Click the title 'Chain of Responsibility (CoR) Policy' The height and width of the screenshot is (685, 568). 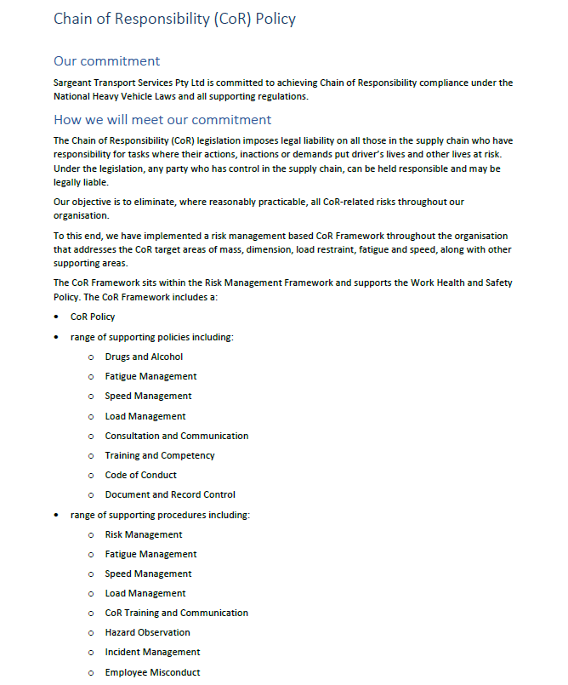coord(174,19)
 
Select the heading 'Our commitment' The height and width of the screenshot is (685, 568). coord(106,61)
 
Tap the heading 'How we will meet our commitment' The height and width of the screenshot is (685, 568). coord(162,120)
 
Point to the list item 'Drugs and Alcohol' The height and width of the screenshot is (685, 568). coord(144,357)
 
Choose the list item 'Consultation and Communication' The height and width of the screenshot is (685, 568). coord(177,436)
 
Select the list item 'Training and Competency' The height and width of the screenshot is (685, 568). coord(160,455)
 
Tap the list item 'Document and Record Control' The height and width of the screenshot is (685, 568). coord(170,494)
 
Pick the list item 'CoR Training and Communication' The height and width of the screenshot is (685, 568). coord(177,613)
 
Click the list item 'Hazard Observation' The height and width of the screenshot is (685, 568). coord(147,632)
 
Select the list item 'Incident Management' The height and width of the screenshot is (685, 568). coord(152,652)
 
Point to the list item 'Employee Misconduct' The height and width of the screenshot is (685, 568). coord(152,672)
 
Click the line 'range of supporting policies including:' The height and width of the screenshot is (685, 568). coord(151,337)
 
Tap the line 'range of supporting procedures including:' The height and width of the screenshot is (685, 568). coord(160,515)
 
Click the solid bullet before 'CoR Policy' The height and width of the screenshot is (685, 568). coord(57,317)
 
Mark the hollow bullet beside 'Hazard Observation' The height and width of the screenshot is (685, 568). coord(90,633)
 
